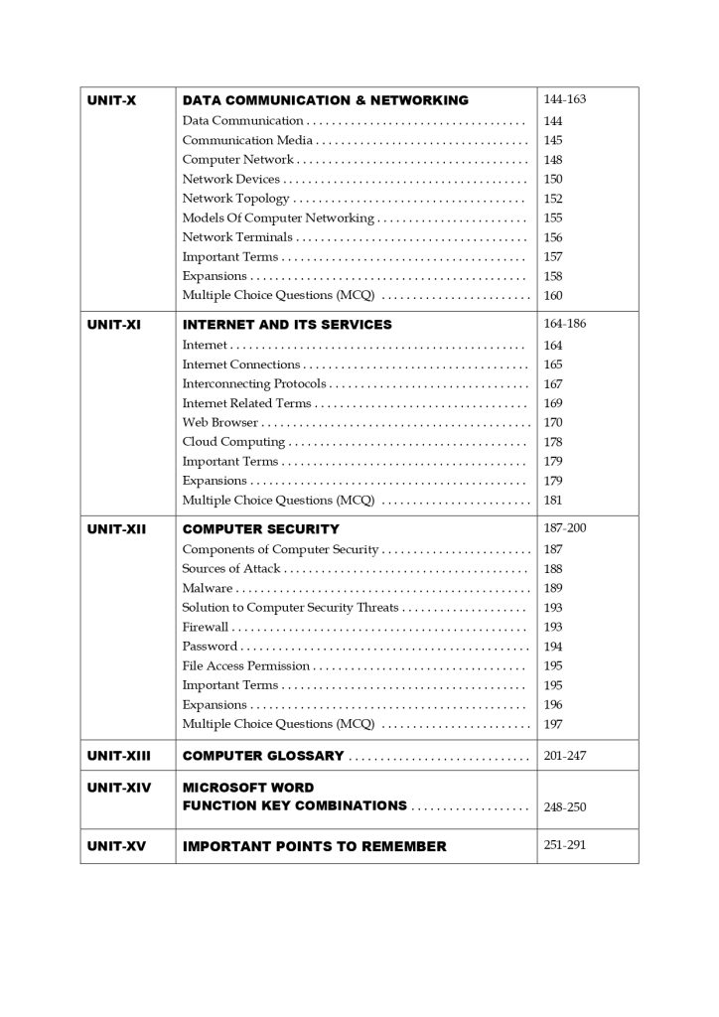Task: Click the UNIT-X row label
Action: pos(111,100)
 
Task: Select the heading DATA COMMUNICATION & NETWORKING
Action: pos(325,100)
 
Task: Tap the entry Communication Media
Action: pos(242,140)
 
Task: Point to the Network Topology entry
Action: pos(235,199)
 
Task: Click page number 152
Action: pos(553,199)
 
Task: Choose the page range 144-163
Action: pos(565,99)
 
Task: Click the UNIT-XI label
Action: pos(114,325)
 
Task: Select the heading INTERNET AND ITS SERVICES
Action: pos(287,325)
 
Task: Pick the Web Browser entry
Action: pos(220,422)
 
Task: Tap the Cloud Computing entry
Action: pos(233,442)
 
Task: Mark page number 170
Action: pos(553,422)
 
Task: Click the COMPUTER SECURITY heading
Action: pos(260,529)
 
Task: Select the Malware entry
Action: pos(207,588)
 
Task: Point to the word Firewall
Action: pos(205,627)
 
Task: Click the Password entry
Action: pos(210,647)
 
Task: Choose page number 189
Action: pos(553,588)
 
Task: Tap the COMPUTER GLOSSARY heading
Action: pos(263,756)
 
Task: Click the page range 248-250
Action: pos(565,806)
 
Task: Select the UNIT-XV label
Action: pos(117,846)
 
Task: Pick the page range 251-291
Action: pos(565,845)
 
